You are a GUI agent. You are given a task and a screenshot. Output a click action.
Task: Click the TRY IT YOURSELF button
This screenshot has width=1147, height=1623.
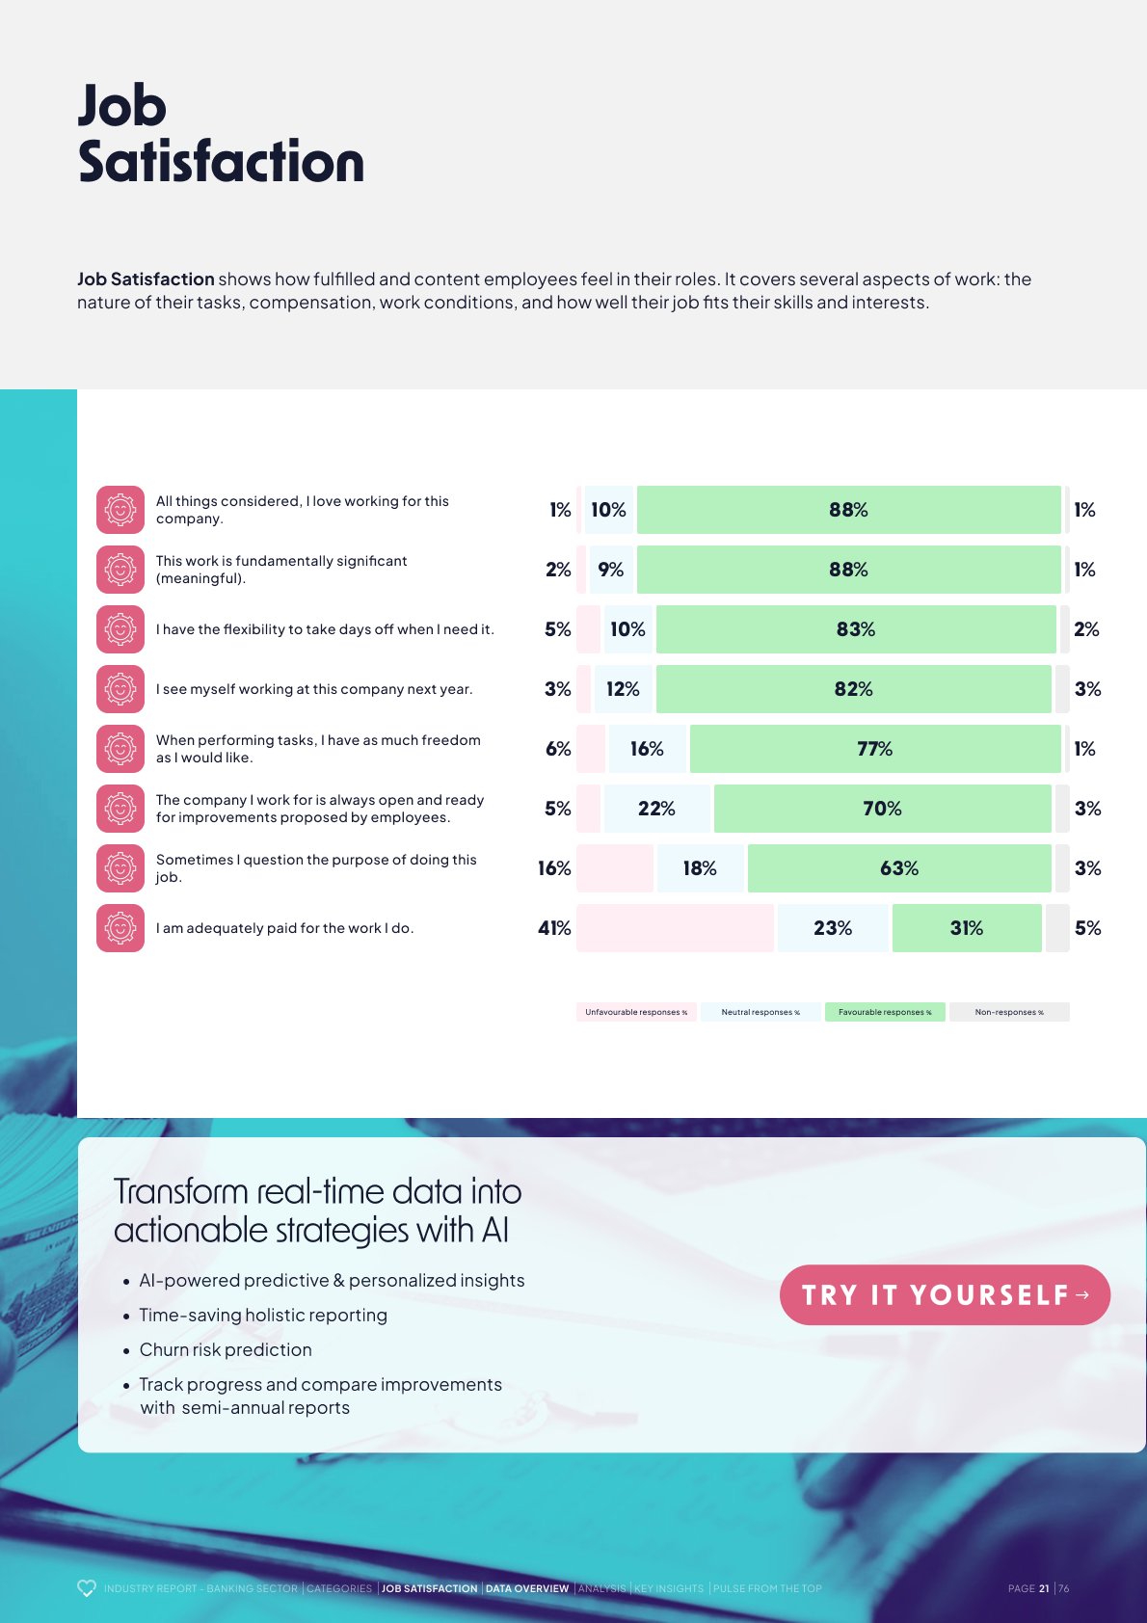(945, 1294)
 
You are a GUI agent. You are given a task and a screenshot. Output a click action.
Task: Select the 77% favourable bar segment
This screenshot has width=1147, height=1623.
(875, 749)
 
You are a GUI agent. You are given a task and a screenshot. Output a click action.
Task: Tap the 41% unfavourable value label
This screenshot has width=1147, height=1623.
(554, 928)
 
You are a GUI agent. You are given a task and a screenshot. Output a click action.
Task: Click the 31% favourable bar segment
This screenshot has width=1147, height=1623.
(967, 928)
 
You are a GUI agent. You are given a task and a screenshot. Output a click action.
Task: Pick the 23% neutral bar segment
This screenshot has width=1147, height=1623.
(833, 928)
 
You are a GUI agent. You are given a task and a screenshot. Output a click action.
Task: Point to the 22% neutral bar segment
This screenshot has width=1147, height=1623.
(657, 809)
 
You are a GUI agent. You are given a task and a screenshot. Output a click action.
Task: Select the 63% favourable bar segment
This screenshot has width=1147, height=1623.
(899, 868)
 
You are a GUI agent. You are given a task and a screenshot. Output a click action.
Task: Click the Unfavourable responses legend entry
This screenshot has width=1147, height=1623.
(636, 1012)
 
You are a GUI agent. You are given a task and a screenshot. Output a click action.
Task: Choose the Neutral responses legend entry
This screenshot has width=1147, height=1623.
(760, 1012)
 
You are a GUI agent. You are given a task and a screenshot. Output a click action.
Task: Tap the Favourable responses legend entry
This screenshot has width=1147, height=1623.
(885, 1012)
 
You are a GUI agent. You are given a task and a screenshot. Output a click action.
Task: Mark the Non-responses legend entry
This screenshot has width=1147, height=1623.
(1009, 1012)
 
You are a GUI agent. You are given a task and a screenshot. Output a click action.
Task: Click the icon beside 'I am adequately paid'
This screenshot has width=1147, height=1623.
(120, 928)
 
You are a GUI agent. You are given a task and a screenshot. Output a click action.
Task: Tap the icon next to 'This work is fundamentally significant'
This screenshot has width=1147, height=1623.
(120, 570)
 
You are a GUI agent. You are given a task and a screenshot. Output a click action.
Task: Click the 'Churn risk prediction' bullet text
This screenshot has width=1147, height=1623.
(226, 1349)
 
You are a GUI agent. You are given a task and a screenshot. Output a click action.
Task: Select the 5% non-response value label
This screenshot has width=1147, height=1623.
(1087, 928)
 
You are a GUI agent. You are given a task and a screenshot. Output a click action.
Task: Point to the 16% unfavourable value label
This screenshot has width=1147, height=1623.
(554, 868)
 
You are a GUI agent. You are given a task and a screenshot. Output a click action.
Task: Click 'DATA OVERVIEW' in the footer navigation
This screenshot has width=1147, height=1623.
(527, 1588)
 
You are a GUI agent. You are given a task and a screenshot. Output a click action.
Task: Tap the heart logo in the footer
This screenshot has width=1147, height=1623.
(87, 1588)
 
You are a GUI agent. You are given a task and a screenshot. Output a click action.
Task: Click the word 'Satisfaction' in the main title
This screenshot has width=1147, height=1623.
(222, 162)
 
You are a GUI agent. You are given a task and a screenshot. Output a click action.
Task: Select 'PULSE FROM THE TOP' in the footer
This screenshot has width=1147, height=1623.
(767, 1588)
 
